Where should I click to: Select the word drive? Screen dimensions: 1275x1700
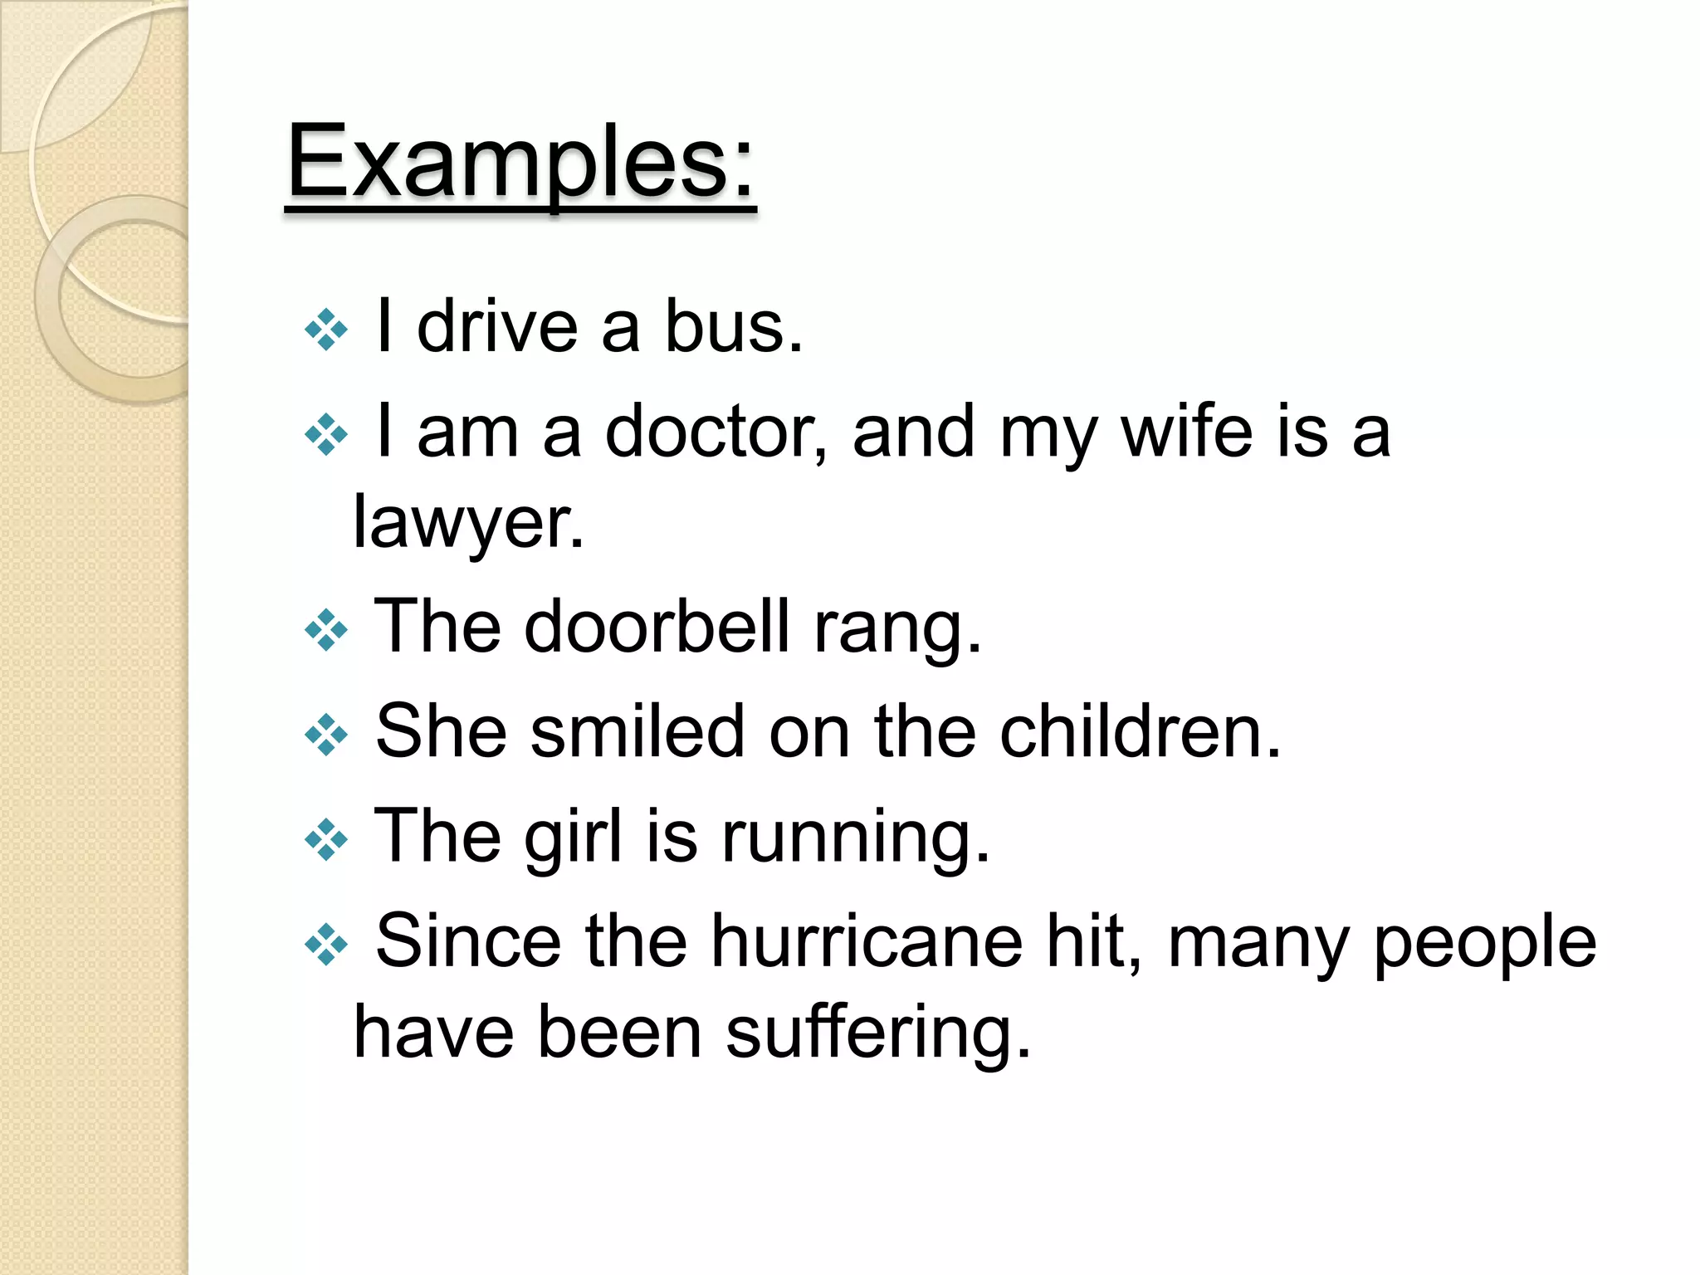[496, 327]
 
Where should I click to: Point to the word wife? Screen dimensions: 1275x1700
[1186, 432]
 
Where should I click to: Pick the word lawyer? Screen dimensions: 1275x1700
[468, 523]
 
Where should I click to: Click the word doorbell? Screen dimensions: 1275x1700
[657, 627]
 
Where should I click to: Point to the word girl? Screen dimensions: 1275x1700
[573, 837]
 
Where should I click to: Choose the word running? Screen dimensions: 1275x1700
[856, 837]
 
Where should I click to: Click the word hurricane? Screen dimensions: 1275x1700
[866, 941]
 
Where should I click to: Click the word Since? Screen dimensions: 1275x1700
[468, 941]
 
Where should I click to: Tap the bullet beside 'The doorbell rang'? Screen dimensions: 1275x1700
[326, 630]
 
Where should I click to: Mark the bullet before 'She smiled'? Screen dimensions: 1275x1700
[326, 735]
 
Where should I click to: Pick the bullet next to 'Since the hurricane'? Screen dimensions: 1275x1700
[326, 945]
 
